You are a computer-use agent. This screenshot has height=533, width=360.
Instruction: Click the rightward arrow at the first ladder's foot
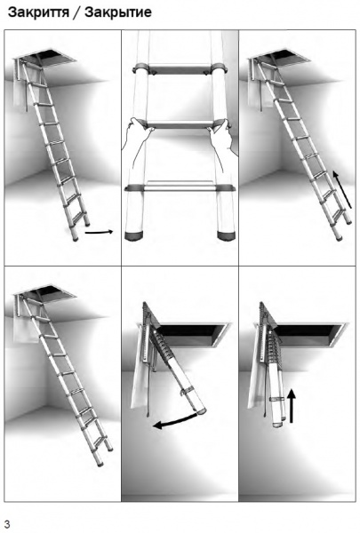[99, 233]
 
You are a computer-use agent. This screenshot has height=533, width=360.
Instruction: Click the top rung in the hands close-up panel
[179, 70]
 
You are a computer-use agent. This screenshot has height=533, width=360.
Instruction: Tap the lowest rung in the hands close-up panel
[179, 189]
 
